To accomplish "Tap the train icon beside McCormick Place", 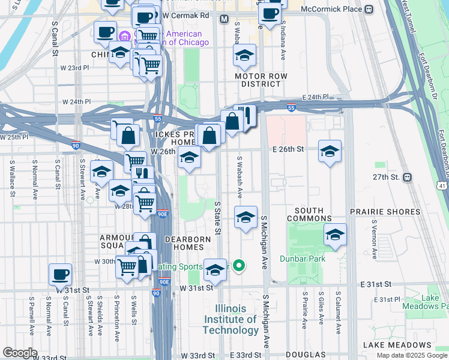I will click(x=368, y=9).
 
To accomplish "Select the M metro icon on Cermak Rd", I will click(x=224, y=19).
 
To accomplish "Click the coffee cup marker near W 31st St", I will click(x=60, y=275).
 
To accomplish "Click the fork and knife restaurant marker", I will click(x=245, y=115).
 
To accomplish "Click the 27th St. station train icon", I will click(x=408, y=177).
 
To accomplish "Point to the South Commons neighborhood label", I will click(x=309, y=214).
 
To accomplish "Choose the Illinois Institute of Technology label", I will click(x=231, y=319).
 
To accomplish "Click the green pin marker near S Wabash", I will click(x=239, y=265).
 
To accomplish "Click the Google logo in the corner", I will click(x=20, y=353).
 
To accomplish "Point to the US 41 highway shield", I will click(x=443, y=187).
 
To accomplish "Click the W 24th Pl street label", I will click(x=76, y=102).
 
